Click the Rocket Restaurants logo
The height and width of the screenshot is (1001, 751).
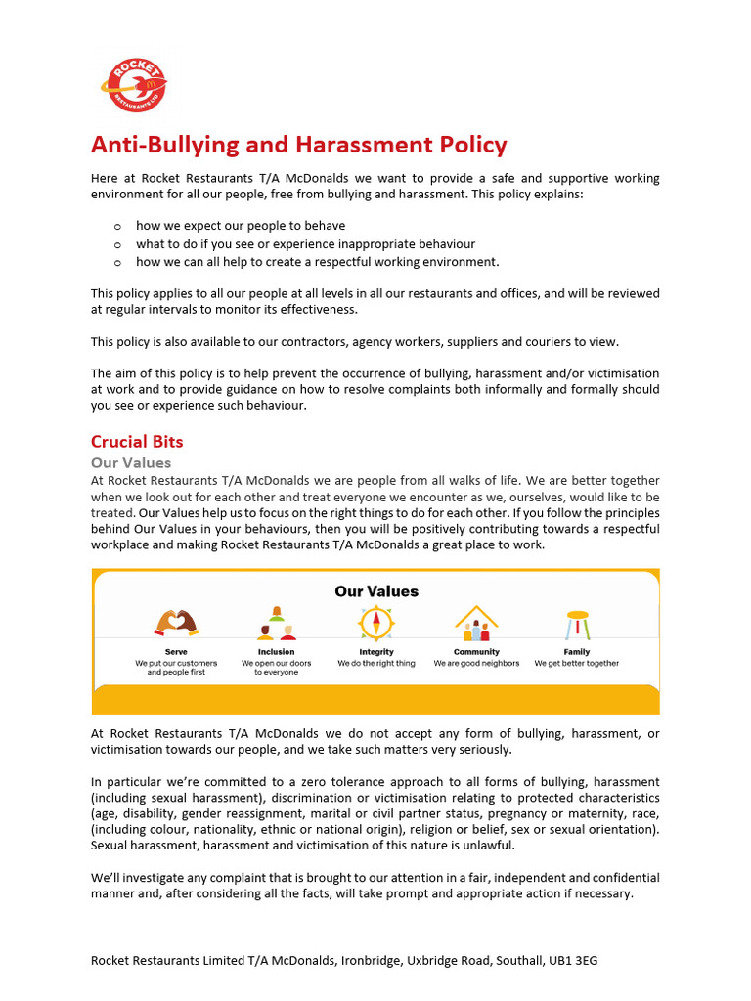[134, 85]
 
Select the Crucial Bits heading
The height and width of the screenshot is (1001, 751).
[137, 441]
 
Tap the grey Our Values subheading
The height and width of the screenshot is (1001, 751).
[131, 462]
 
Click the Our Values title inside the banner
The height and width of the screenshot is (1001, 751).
[375, 590]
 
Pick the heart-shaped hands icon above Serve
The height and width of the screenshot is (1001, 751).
[176, 623]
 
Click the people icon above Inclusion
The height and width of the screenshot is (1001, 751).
[276, 623]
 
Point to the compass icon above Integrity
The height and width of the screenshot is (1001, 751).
[375, 623]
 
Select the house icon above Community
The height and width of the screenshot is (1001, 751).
[476, 622]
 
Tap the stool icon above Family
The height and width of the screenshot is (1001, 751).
[577, 623]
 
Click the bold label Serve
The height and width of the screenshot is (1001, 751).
[176, 651]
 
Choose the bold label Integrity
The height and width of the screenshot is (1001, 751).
[376, 651]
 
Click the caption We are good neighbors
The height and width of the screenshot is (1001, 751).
[476, 663]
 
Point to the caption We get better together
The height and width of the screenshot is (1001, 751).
[576, 663]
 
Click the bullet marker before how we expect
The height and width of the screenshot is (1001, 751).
[116, 226]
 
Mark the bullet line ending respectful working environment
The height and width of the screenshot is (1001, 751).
[317, 261]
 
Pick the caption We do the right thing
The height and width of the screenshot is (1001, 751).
[376, 663]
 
